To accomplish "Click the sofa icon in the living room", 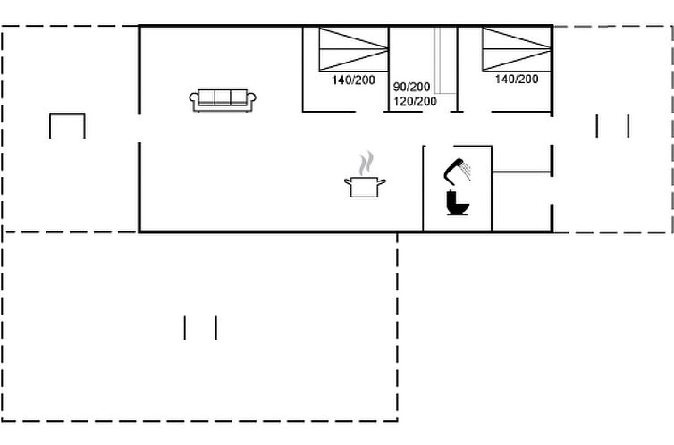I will click(223, 99).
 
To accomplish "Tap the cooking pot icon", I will click(365, 186).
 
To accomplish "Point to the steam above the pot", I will click(365, 164).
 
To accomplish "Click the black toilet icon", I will click(459, 204).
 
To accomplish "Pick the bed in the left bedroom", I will click(354, 49).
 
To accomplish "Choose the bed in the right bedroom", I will click(517, 49).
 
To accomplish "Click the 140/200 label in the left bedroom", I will click(353, 80).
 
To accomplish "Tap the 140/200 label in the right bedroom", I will click(517, 80).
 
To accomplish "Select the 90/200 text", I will click(412, 87).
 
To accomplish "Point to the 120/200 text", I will click(415, 101).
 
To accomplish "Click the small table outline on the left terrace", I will click(67, 126).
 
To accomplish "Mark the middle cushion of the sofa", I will click(223, 97).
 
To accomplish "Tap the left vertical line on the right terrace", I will click(597, 126).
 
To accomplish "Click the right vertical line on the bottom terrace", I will click(216, 327).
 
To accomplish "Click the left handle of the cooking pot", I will click(347, 182).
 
